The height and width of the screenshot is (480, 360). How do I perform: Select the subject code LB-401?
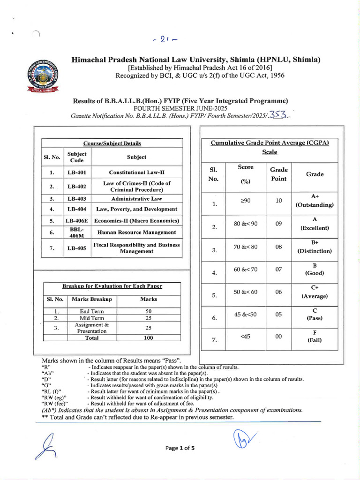[x=76, y=172]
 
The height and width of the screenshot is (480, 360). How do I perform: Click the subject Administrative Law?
[x=136, y=198]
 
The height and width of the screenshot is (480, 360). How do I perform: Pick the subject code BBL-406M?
[x=76, y=232]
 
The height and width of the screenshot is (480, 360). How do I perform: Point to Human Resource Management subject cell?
[x=136, y=232]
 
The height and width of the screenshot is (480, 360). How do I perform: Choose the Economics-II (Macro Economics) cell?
[x=136, y=220]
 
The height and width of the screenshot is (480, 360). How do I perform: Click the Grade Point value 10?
[x=278, y=201]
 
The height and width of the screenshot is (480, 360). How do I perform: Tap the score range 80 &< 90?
[x=246, y=224]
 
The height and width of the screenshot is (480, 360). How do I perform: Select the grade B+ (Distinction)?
[x=315, y=246]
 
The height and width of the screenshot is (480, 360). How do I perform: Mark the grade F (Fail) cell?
[x=315, y=336]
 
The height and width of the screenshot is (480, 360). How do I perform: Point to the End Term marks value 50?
[x=149, y=311]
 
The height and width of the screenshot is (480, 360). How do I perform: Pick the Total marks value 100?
[x=149, y=337]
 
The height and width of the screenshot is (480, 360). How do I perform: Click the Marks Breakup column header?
[x=91, y=299]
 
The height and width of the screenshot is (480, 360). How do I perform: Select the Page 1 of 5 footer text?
[x=180, y=448]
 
